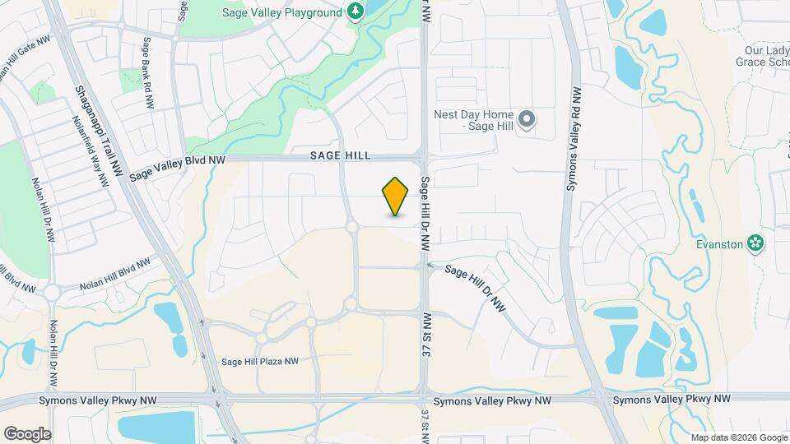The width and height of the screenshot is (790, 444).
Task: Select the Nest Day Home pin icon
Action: (x=527, y=120)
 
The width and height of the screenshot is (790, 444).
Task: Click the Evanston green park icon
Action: (x=754, y=243)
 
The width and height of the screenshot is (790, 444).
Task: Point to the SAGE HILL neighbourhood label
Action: (x=341, y=155)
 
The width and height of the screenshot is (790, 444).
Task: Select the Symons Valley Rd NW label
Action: (x=574, y=140)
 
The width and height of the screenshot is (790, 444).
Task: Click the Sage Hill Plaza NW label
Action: (x=259, y=361)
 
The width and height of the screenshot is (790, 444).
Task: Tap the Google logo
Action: (x=27, y=434)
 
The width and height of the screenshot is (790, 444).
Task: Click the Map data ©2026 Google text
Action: (x=737, y=437)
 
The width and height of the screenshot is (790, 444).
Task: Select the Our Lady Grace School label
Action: (x=761, y=61)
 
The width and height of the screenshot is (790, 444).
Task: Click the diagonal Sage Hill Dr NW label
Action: (x=476, y=287)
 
